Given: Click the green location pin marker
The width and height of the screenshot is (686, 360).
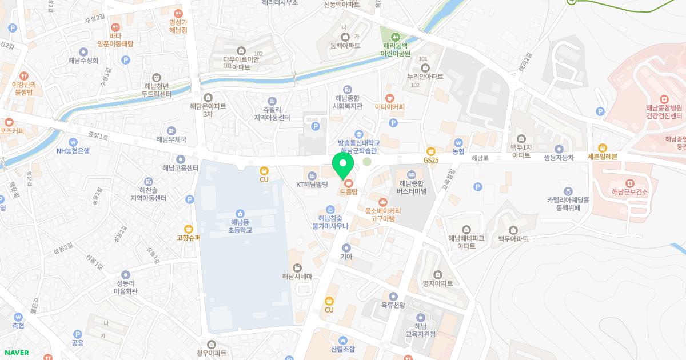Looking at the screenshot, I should [x=343, y=166].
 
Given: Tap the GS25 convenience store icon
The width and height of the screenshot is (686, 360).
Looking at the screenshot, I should [x=431, y=151].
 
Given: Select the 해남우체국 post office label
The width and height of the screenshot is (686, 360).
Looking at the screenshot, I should [x=171, y=139].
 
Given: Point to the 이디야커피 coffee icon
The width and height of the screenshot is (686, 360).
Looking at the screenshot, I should [x=390, y=98].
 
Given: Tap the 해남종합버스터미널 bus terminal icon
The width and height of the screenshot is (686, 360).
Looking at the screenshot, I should [x=411, y=174].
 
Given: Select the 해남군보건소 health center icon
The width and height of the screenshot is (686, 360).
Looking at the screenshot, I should [x=629, y=183].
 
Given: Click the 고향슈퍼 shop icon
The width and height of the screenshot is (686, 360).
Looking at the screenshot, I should [x=188, y=229].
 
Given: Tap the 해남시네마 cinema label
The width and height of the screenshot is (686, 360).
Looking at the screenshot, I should [x=297, y=277].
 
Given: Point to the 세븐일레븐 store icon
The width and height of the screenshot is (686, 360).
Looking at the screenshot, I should [x=603, y=148].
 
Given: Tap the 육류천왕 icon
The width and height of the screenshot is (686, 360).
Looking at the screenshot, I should [x=393, y=296].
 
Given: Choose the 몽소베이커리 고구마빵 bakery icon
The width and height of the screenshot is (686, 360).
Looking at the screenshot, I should [x=382, y=202].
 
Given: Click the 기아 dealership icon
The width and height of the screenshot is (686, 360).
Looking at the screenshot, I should [x=346, y=248].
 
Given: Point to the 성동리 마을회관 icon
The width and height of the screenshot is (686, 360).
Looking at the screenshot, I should [x=126, y=275].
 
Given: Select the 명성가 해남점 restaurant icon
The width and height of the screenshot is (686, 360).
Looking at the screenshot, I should [x=178, y=13].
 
